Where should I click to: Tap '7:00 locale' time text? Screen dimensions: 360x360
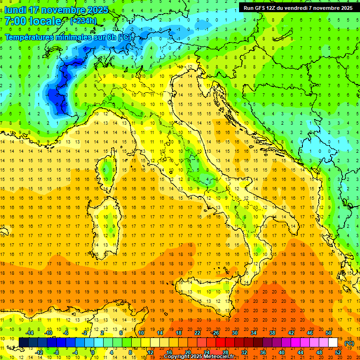click(x=33, y=21)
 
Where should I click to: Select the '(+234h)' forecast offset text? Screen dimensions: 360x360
click(x=83, y=21)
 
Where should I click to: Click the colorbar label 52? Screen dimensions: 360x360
click(x=338, y=352)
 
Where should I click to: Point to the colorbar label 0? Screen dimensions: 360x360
click(x=93, y=352)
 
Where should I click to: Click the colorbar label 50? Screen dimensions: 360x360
click(x=329, y=333)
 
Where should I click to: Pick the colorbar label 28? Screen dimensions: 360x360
click(x=225, y=352)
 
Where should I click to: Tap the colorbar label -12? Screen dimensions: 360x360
click(x=39, y=352)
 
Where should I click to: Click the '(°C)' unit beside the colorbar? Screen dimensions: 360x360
click(x=349, y=343)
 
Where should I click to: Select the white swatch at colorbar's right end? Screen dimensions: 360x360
click(x=333, y=343)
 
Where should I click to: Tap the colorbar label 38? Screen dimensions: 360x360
click(x=272, y=333)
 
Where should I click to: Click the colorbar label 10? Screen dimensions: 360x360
click(x=141, y=333)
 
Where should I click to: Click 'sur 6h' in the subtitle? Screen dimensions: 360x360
click(x=105, y=37)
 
